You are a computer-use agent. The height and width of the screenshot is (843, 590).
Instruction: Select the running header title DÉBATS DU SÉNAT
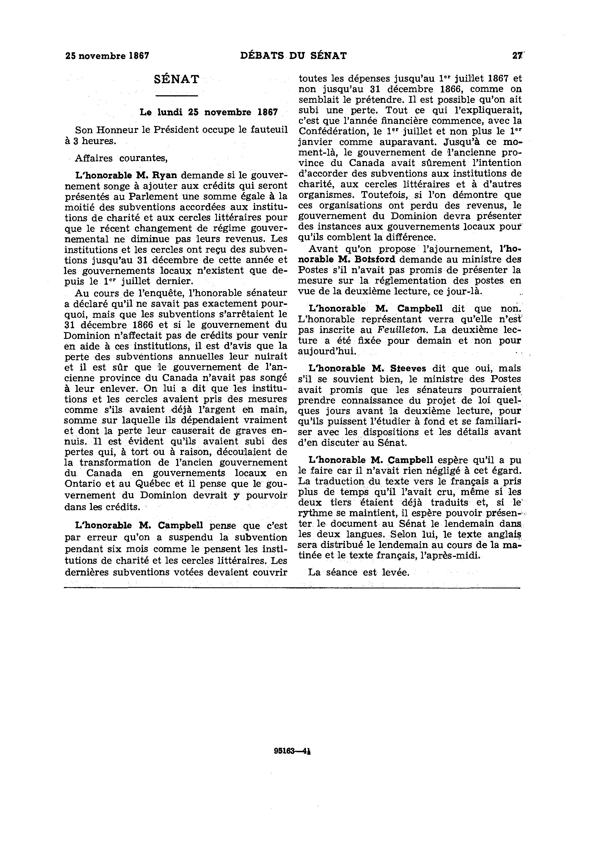click(293, 56)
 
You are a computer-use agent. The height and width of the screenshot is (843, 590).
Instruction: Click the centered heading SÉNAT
click(177, 79)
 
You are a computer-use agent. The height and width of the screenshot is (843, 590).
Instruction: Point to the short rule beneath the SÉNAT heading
click(177, 96)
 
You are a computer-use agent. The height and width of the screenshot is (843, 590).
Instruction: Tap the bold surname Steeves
click(408, 368)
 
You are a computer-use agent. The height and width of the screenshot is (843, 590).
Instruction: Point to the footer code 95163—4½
click(293, 751)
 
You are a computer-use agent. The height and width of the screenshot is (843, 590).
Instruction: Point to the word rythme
click(316, 513)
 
